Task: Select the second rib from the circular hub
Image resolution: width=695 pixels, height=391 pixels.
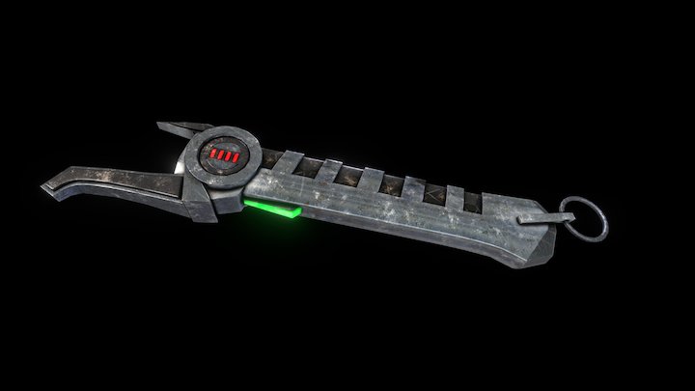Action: [335, 169]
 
